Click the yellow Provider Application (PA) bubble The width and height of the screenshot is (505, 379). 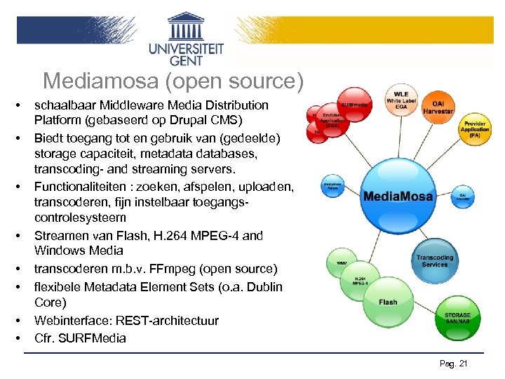[474, 128]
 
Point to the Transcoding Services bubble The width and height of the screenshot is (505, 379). [435, 260]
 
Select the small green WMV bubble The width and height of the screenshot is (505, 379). [342, 263]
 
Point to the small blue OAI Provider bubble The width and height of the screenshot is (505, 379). [462, 197]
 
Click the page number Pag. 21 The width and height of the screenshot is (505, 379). [453, 363]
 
